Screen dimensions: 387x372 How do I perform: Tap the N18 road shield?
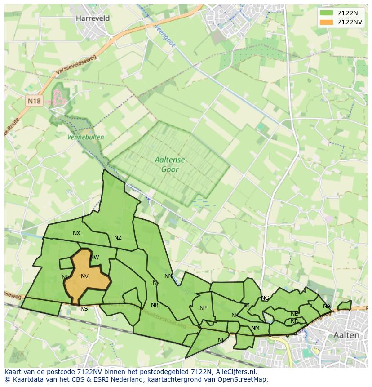34,101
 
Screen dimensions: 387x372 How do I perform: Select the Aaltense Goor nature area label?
170,165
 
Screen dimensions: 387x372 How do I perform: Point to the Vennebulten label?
85,137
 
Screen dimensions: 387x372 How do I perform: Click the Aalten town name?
346,335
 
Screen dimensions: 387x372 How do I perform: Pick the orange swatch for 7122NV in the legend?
327,22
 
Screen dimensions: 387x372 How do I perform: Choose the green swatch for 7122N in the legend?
327,13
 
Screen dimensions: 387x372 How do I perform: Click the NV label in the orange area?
84,276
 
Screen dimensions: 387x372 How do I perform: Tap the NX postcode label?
76,233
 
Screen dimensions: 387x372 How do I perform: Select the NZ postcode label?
118,238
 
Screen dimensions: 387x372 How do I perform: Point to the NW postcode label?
94,258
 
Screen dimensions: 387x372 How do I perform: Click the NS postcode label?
84,309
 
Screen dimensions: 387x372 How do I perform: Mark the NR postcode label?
155,305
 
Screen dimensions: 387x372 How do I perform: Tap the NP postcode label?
203,308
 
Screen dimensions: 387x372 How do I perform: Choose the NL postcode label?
221,340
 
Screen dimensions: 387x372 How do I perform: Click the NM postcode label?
255,328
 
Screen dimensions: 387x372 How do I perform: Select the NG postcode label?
265,298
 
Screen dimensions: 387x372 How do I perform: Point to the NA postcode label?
327,306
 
